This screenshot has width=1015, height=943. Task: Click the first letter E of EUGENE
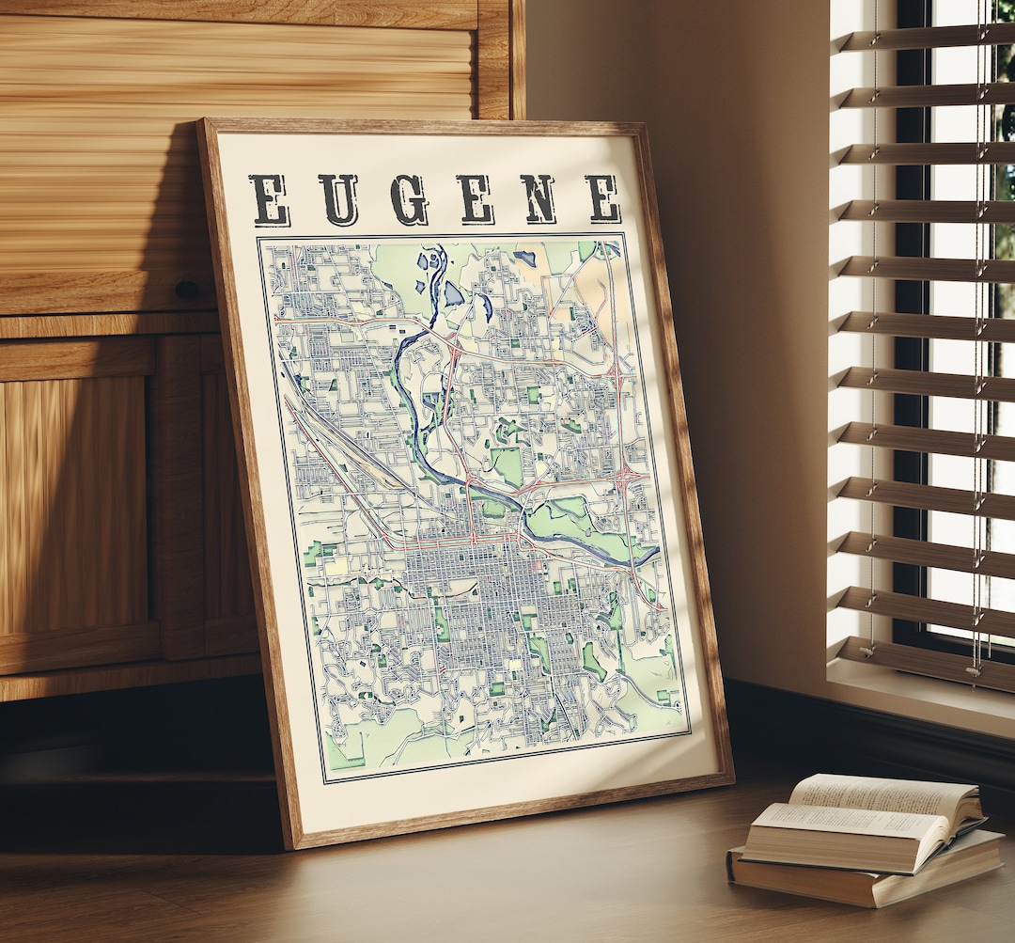point(270,199)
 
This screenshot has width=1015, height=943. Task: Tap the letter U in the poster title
point(338,199)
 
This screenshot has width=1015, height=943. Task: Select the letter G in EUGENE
point(409,199)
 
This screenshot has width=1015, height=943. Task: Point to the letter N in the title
point(539,198)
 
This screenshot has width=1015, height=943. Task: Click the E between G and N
point(476,199)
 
